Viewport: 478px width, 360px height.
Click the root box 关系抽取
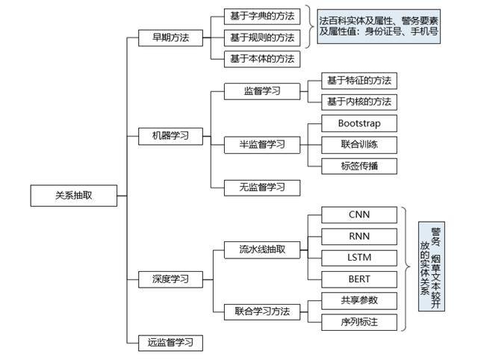click(74, 196)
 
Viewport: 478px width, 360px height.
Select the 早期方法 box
click(170, 38)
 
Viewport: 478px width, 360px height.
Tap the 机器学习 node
click(170, 136)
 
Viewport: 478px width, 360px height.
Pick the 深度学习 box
click(170, 279)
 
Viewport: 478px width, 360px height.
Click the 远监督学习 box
click(170, 343)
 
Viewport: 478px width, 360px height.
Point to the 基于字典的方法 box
click(262, 16)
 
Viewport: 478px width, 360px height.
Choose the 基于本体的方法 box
click(262, 59)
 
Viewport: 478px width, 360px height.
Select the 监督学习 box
click(262, 91)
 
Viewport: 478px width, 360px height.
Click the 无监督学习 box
click(262, 187)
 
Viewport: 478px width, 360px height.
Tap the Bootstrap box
click(359, 123)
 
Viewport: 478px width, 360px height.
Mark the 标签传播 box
click(359, 166)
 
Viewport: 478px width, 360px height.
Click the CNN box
click(359, 215)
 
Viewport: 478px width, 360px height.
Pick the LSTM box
click(359, 258)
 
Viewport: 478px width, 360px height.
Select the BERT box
click(359, 279)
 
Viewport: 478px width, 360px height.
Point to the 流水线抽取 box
click(262, 250)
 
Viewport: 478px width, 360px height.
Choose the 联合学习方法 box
click(262, 312)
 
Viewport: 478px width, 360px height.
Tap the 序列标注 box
click(359, 323)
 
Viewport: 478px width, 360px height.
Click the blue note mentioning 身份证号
click(379, 27)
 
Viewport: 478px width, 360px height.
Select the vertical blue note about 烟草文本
click(432, 267)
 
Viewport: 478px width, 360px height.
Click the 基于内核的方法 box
click(359, 102)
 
